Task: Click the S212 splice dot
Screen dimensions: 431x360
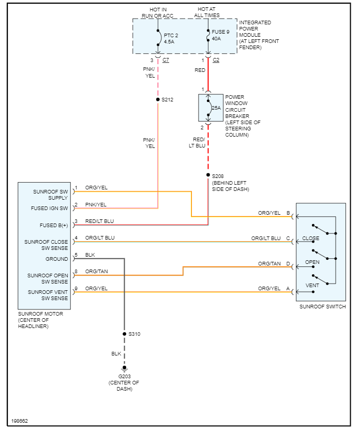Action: (158, 99)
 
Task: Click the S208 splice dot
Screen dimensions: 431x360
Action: (208, 175)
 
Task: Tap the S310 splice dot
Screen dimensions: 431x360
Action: (124, 334)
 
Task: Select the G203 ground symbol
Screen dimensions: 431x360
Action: (124, 368)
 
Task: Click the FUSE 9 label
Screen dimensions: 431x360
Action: (221, 32)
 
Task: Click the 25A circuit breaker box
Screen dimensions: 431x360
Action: (211, 108)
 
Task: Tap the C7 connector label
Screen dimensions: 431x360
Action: (166, 61)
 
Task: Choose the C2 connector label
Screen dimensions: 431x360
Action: (216, 61)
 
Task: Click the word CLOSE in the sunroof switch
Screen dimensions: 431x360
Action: (311, 239)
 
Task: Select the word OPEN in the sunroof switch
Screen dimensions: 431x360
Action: (312, 262)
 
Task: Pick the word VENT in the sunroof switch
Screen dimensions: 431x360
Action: (312, 286)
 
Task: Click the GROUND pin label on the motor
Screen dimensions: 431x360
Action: (56, 259)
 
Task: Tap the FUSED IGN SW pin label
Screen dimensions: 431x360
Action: (50, 209)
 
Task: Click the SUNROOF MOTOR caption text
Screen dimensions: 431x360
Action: (40, 314)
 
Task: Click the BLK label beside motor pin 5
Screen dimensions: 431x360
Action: (90, 255)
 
